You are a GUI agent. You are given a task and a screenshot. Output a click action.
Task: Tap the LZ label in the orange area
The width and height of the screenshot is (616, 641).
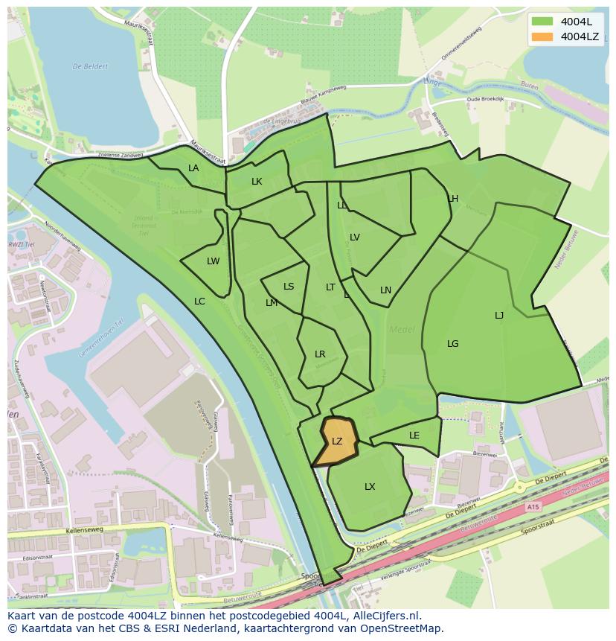pos(337,441)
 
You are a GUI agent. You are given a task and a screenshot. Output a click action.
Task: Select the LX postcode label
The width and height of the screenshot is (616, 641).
pos(370,487)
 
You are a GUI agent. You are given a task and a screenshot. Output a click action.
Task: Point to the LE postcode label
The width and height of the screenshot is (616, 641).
pos(414,436)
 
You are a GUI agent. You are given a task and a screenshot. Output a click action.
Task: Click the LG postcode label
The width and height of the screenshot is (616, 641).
pos(453,344)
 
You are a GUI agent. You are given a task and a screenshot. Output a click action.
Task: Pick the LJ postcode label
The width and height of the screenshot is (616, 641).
pos(499,316)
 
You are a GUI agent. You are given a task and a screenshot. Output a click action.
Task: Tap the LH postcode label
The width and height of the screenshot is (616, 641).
pos(453,199)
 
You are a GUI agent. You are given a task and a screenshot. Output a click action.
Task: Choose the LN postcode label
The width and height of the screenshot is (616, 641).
pos(385,290)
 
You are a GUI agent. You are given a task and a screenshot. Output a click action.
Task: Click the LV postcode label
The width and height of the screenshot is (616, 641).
pos(355,237)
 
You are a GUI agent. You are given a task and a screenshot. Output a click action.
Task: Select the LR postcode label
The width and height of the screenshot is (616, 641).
pos(320,354)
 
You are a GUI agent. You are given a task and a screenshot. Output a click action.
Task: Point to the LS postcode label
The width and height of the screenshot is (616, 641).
pos(289,287)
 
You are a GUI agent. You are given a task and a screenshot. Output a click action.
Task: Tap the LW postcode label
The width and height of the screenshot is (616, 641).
pos(214,261)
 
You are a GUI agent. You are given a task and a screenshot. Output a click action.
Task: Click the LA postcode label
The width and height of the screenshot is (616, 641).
pos(193,168)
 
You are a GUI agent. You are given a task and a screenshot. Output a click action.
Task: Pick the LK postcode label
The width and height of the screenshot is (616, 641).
pos(257,182)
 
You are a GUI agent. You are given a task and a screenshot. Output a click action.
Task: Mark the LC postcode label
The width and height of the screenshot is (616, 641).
pos(199,302)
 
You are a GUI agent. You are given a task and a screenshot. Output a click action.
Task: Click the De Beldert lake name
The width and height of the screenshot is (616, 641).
pos(90,66)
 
